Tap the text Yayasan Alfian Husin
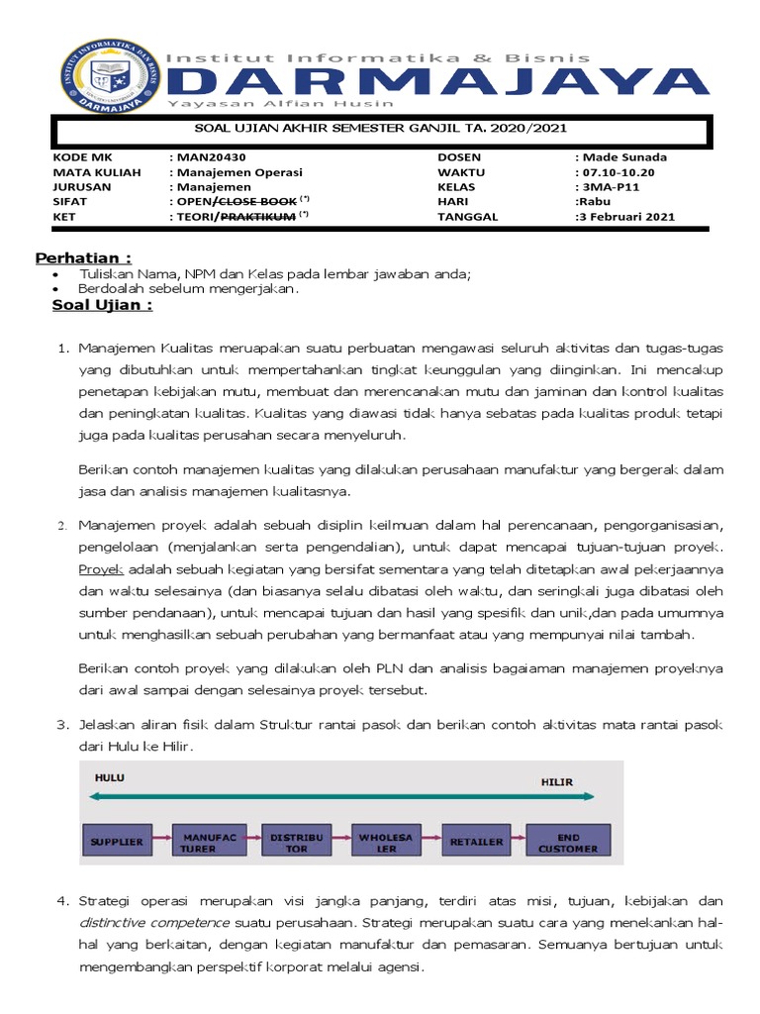coord(280,104)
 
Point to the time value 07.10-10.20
coord(619,172)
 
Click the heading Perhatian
coord(83,258)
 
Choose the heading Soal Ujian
coord(102,305)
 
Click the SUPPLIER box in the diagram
coord(117,842)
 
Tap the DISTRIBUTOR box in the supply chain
coord(290,842)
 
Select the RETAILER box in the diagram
coord(477,842)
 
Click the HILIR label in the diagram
coord(556,781)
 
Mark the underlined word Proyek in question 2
coord(100,569)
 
